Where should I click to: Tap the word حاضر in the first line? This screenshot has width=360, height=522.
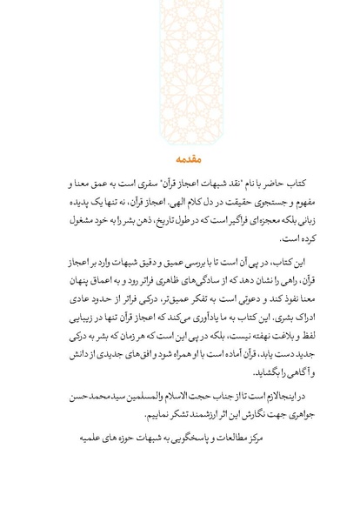pos(266,184)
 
